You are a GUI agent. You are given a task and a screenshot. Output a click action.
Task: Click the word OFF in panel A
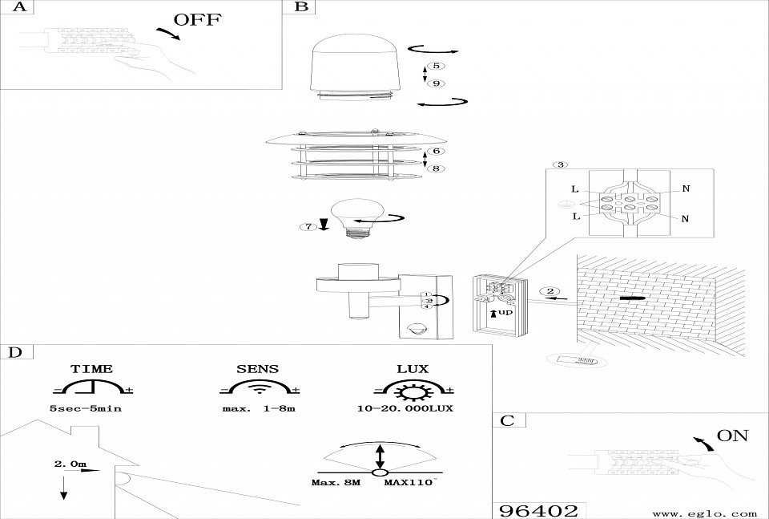point(197,20)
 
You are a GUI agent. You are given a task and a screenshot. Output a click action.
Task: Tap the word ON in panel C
point(732,436)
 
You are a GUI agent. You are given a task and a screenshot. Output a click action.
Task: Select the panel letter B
point(301,7)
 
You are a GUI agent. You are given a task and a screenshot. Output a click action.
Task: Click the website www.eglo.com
point(705,513)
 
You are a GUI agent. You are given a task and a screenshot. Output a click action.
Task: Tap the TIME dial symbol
point(92,390)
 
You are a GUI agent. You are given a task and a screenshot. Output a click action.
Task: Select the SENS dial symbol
point(257,390)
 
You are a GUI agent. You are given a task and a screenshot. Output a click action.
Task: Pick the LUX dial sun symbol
point(413,391)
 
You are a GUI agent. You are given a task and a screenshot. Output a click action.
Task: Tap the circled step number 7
point(308,227)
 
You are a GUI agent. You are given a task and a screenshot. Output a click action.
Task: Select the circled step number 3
point(562,165)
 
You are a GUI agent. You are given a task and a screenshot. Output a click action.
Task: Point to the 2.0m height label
point(70,464)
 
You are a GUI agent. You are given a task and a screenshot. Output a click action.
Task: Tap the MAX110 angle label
point(409,483)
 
